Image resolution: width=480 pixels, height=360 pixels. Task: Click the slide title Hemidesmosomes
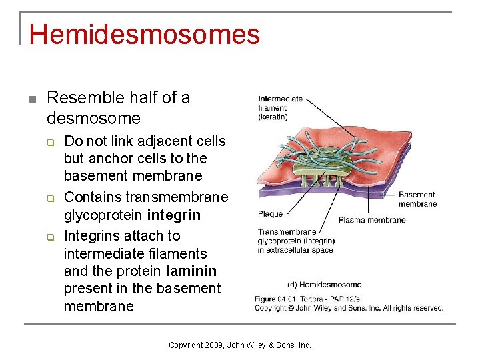point(144,35)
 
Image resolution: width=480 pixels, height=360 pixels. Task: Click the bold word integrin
point(173,215)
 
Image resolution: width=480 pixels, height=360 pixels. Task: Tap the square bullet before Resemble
point(31,99)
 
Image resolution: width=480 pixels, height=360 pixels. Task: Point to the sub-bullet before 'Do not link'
point(49,142)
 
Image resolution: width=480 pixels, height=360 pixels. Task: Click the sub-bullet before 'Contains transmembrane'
point(49,198)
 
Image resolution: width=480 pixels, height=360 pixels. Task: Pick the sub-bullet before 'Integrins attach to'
point(49,236)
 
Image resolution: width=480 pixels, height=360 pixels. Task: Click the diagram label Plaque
point(270,214)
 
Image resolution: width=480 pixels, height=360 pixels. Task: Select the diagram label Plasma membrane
point(371,220)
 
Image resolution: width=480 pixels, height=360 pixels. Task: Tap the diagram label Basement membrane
point(417,199)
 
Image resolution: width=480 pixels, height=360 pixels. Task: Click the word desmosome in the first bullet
point(93,119)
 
